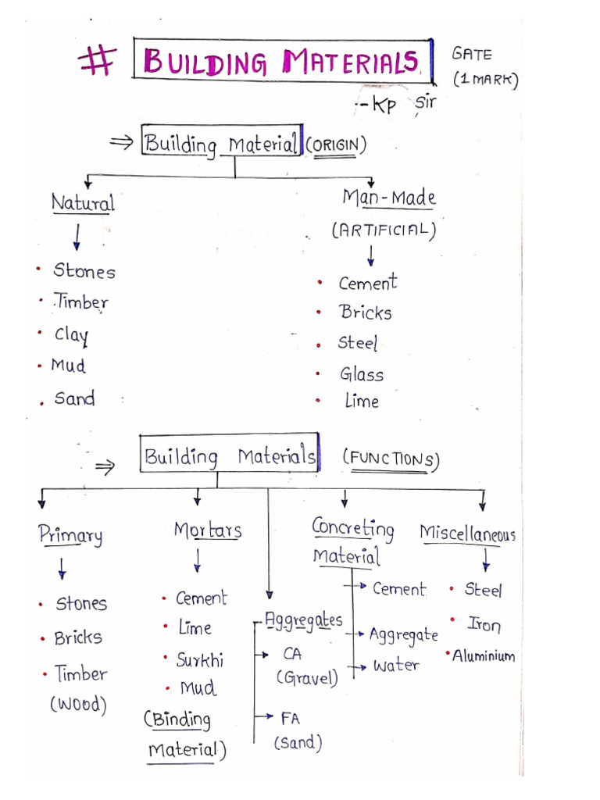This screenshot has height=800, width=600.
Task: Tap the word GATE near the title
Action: [x=472, y=54]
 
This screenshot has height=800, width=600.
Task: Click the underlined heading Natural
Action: [x=83, y=204]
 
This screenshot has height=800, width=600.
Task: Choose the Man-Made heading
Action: [x=389, y=198]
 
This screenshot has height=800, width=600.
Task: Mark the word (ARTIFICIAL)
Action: [x=382, y=230]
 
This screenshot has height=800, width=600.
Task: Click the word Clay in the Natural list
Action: [x=71, y=335]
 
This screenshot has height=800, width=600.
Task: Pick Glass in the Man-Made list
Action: [x=362, y=375]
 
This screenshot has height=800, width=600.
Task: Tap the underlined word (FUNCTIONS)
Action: [x=391, y=459]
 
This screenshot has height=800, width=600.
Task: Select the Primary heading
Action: [x=70, y=536]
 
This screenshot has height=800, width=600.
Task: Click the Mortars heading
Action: [x=208, y=530]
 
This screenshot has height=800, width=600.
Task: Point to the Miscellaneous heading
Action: [x=468, y=534]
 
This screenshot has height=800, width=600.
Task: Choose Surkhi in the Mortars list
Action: [x=200, y=660]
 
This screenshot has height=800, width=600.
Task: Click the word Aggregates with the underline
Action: [x=304, y=621]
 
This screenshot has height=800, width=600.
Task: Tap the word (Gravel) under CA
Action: [x=307, y=677]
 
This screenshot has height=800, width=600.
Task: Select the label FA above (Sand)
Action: [x=290, y=718]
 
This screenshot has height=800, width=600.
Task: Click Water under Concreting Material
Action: [x=396, y=666]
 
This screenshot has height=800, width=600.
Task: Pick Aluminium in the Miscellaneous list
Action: [x=484, y=655]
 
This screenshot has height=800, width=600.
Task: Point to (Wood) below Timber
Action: [x=78, y=705]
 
